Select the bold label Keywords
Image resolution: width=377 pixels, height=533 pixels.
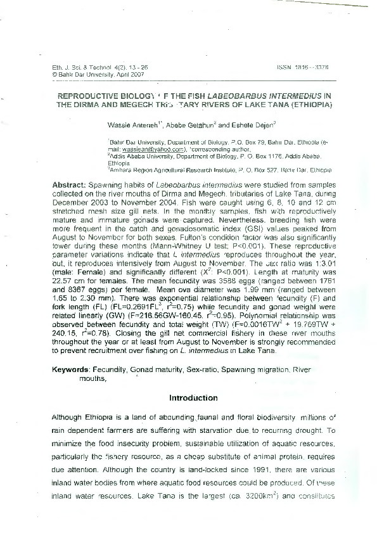pos(70,368)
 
